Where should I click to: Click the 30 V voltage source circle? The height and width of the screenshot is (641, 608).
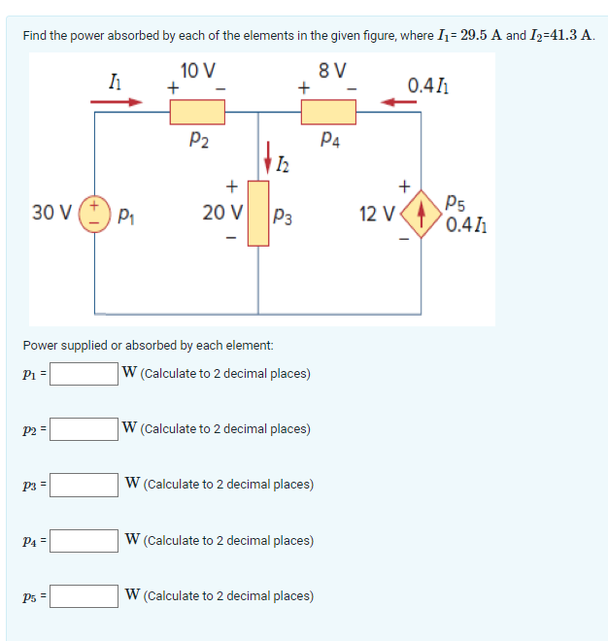[x=95, y=212]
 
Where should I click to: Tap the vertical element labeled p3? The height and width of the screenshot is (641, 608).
[x=257, y=212]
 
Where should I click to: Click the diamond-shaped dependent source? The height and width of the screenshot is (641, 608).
[x=420, y=212]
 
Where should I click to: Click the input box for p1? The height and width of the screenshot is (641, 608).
[x=84, y=373]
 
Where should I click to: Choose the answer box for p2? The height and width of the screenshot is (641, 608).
[x=84, y=428]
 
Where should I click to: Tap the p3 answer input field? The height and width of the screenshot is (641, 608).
[x=84, y=484]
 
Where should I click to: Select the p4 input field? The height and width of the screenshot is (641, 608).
[x=84, y=540]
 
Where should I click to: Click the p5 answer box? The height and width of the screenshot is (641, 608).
[x=84, y=595]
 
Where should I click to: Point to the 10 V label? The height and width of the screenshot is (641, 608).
[x=198, y=70]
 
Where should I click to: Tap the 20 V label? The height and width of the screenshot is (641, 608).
[x=222, y=212]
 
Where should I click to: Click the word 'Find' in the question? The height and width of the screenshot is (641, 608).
[x=35, y=36]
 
